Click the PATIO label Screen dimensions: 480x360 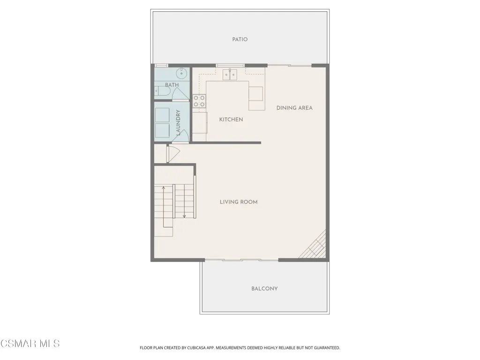coord(240,39)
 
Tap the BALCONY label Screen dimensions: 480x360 coord(264,289)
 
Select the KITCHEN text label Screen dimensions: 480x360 coord(231,120)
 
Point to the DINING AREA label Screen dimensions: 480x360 coord(294,108)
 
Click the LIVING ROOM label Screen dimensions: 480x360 coord(239,202)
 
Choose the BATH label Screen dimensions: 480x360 coord(172,85)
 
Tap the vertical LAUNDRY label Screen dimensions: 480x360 coord(178,122)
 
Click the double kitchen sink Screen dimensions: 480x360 coord(230,75)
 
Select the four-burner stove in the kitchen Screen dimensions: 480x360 coord(199,101)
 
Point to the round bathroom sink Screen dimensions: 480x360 coord(181,73)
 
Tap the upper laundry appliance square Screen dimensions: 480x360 coord(162,115)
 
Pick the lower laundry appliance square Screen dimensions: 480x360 coord(162,131)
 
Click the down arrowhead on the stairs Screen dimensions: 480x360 coord(184,217)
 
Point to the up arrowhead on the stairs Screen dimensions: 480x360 coord(164,187)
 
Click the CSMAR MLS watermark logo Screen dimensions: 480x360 coord(30,344)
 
